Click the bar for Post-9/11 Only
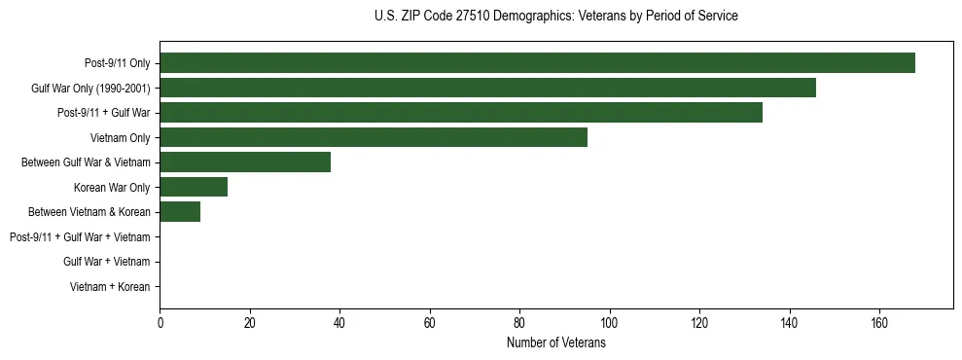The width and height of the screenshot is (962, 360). (x=537, y=63)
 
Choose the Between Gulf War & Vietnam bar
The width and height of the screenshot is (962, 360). (x=245, y=162)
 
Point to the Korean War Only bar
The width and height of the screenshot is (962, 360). (x=194, y=187)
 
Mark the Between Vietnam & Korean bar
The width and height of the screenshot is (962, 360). (x=180, y=212)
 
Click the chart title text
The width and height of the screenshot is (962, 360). (x=555, y=17)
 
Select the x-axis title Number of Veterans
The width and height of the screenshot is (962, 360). (x=555, y=343)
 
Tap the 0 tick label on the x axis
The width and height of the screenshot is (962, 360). (x=160, y=323)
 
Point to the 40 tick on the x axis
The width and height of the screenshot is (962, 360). (x=339, y=323)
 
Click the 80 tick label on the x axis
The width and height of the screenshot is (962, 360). (x=519, y=323)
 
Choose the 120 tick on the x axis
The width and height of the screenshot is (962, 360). (x=699, y=323)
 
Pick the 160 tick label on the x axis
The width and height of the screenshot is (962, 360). (x=879, y=323)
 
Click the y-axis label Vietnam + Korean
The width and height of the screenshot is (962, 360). (x=110, y=287)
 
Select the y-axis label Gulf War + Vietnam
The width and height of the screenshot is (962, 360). (x=106, y=262)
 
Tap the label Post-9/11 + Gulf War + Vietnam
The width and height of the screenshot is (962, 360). (x=80, y=237)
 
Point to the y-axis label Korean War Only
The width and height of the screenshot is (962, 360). (x=112, y=187)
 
